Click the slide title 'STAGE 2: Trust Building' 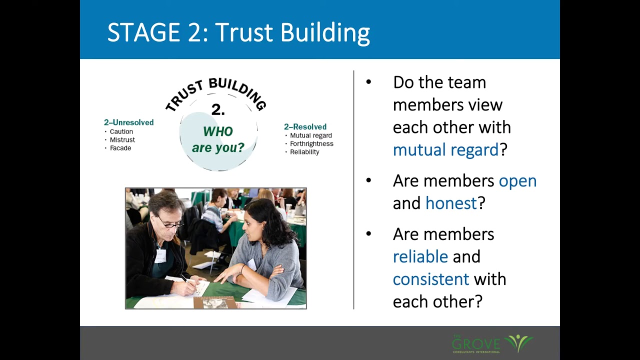pyautogui.click(x=238, y=32)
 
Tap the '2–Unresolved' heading pyautogui.click(x=128, y=122)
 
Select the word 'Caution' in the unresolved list pyautogui.click(x=121, y=131)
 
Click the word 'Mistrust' pyautogui.click(x=122, y=140)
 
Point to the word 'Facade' pyautogui.click(x=120, y=148)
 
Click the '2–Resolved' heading pyautogui.click(x=305, y=127)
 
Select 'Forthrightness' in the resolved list pyautogui.click(x=311, y=143)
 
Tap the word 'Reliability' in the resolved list pyautogui.click(x=304, y=152)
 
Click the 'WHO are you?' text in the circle pyautogui.click(x=218, y=139)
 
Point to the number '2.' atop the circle pyautogui.click(x=218, y=110)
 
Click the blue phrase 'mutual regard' pyautogui.click(x=445, y=149)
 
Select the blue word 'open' pyautogui.click(x=517, y=180)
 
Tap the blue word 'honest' pyautogui.click(x=451, y=203)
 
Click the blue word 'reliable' pyautogui.click(x=420, y=256)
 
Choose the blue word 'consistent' pyautogui.click(x=430, y=279)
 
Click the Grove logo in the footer pyautogui.click(x=492, y=343)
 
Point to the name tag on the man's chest pyautogui.click(x=160, y=256)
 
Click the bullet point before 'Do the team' pyautogui.click(x=368, y=82)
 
